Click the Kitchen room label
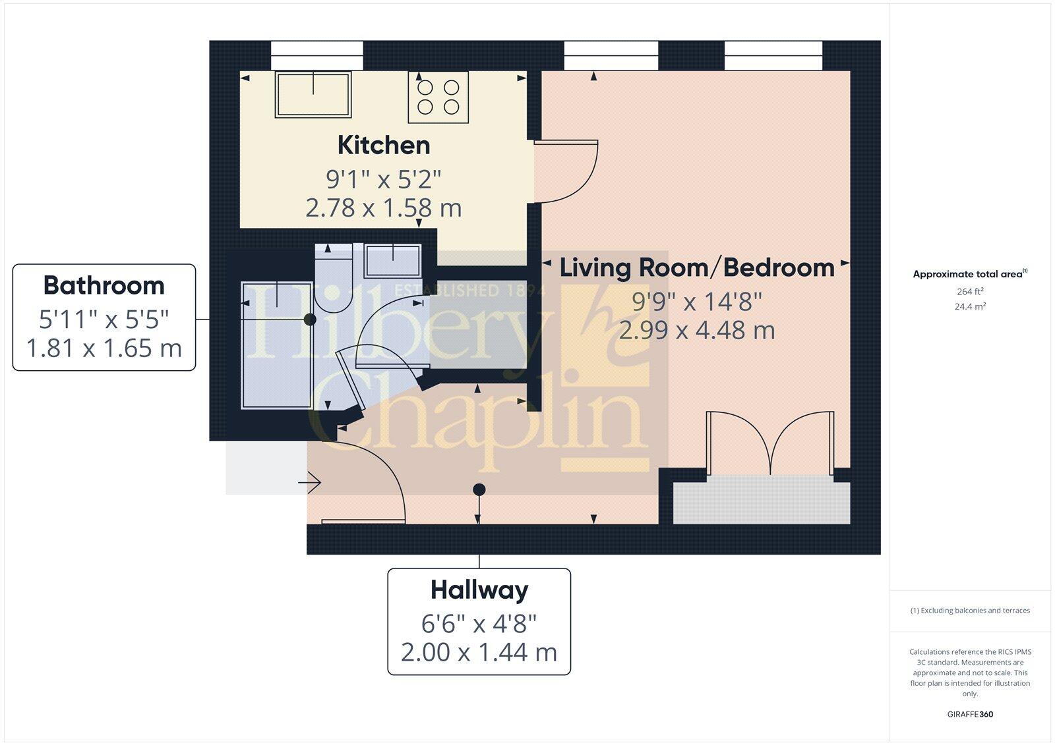pos(384,146)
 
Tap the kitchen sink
pos(313,95)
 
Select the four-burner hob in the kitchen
pos(438,97)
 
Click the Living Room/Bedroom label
pos(697,268)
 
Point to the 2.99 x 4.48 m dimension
pos(697,330)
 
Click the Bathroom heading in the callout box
pos(104,286)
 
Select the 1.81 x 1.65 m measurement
pos(104,348)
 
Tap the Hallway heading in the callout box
pos(479,590)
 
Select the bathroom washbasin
pos(393,260)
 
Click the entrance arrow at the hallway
pos(309,483)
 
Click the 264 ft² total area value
pos(969,291)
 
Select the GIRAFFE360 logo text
pos(970,714)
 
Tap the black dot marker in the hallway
pos(479,489)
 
